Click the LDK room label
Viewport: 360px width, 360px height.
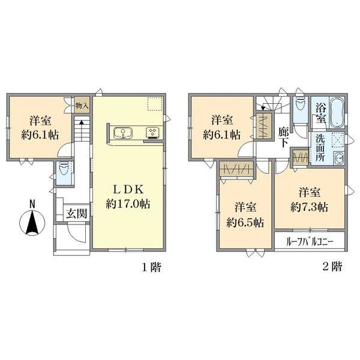coord(128,190)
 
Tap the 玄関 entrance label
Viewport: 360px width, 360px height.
coord(77,214)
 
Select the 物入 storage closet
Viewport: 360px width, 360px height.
coord(82,104)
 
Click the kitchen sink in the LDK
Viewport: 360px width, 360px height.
coord(123,133)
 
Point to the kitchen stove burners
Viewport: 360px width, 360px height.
coord(152,133)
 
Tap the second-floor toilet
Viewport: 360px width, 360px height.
coord(301,104)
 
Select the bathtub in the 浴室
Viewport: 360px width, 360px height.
coord(337,113)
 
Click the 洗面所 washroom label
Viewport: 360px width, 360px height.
coord(320,148)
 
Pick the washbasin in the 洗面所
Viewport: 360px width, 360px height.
coord(338,158)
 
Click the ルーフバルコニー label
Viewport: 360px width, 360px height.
coord(310,242)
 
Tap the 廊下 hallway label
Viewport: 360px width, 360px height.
coord(284,137)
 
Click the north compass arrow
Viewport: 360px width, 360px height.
coord(32,223)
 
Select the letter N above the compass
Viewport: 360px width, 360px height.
coord(32,204)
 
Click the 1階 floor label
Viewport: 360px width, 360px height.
coord(151,267)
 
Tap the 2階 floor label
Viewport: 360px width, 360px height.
coord(332,266)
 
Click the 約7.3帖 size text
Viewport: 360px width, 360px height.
coord(309,208)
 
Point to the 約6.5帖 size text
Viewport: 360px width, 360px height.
coord(245,223)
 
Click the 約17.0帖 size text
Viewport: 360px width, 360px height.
coord(128,204)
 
